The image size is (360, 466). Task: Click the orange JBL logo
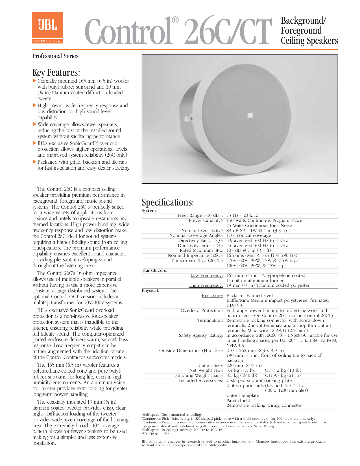point(47,28)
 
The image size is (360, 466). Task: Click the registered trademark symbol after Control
point(175,20)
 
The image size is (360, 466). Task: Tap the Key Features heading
point(56,73)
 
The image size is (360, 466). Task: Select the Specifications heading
point(168,202)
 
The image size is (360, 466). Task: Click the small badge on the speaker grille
point(250,115)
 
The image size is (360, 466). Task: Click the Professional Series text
point(55,56)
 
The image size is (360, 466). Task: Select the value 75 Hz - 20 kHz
point(242,215)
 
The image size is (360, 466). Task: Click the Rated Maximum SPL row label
point(201,250)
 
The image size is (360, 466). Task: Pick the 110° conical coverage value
point(248,235)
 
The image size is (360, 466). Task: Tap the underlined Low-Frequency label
point(206,275)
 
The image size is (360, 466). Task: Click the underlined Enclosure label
point(212,296)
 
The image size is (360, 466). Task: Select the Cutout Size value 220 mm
point(244,365)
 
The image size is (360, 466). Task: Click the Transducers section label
point(154,270)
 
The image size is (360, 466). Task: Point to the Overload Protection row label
point(202,310)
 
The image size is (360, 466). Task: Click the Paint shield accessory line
point(238,400)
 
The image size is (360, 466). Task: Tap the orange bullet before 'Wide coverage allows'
point(34,124)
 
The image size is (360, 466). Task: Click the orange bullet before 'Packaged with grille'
point(34,162)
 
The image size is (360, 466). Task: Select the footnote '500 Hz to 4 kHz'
point(156,434)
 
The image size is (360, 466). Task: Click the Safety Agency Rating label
point(201,335)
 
